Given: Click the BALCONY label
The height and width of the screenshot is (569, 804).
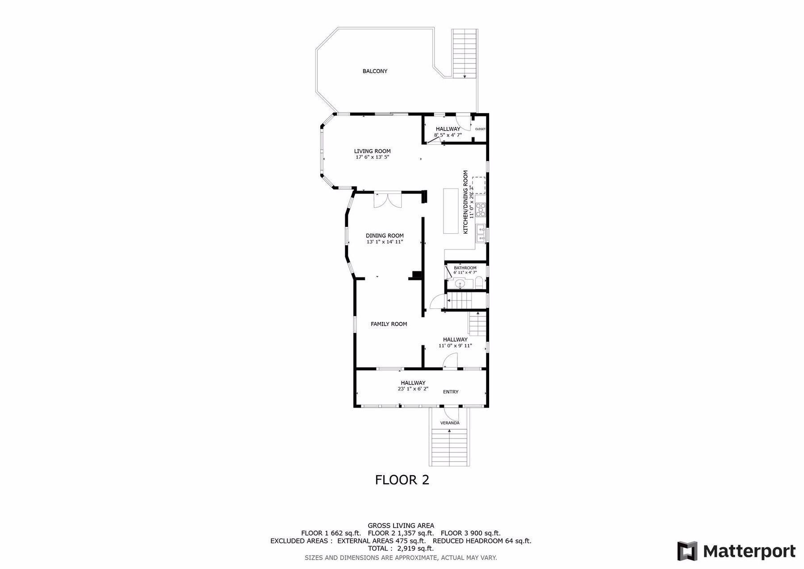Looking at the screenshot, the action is point(375,71).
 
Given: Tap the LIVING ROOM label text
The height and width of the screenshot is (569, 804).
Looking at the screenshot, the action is point(372,151).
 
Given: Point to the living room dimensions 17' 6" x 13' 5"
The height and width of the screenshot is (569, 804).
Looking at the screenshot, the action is point(372,157).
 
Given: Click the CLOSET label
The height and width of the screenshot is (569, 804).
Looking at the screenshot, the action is point(480,129).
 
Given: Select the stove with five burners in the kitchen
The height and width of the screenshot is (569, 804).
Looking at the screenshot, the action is point(481,210).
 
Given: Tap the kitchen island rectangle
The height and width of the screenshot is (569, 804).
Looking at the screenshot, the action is point(451,211).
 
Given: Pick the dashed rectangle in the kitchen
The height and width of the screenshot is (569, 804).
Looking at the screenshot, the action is point(479,185).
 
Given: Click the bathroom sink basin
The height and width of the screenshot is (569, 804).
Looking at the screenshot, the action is point(459,283).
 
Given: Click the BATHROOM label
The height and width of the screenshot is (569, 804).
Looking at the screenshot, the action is point(465,268).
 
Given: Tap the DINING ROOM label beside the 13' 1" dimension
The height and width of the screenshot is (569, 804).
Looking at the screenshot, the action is point(385,236).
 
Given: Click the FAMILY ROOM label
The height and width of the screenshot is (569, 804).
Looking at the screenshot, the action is point(389,324).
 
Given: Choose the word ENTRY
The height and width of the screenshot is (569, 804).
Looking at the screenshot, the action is point(451,392).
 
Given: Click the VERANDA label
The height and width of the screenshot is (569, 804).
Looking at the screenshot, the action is point(450,423).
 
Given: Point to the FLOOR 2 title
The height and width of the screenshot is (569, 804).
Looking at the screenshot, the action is point(402,480).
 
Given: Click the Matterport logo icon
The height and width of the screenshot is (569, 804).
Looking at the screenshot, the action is point(687,551).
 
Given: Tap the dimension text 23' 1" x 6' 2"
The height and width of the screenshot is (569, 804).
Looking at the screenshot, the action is point(413,389).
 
